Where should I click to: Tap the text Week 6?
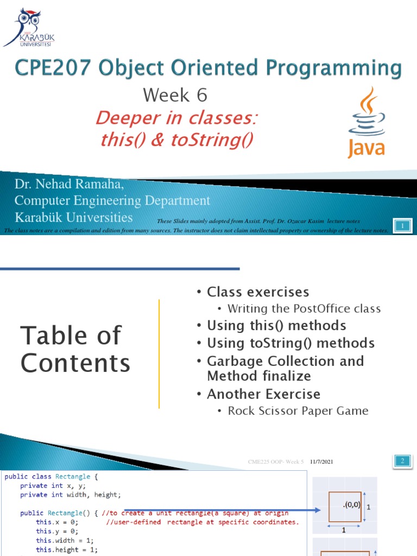(x=175, y=96)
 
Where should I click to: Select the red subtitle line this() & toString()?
(x=177, y=140)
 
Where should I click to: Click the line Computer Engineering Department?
(x=112, y=201)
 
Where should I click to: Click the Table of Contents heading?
(x=75, y=349)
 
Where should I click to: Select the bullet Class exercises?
(x=257, y=292)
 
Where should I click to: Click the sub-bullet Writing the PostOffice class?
(x=304, y=309)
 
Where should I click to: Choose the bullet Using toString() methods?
(x=290, y=343)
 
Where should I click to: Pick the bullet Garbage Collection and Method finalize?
(x=285, y=369)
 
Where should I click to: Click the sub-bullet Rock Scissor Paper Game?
(x=298, y=411)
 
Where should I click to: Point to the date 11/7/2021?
(x=321, y=462)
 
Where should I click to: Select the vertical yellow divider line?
(x=159, y=353)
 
